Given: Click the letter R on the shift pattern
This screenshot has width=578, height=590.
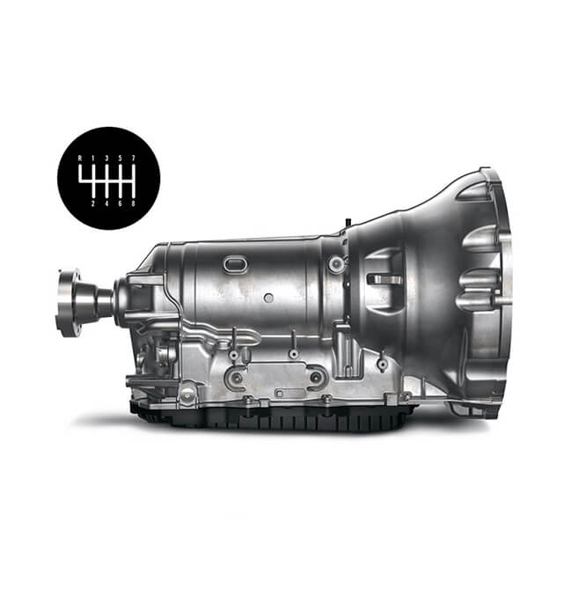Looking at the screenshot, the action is tap(80, 159).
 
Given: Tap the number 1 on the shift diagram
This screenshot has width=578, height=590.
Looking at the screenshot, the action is tap(93, 159).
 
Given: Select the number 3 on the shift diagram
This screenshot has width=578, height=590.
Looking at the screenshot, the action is tap(106, 159).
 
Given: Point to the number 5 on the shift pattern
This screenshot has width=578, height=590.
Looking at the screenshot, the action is tap(121, 159).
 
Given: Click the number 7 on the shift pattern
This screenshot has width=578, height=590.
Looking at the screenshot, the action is tap(134, 159).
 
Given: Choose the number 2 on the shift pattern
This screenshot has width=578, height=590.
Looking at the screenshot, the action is tap(93, 204).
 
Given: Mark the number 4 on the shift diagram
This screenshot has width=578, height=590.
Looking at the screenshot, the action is tap(106, 204).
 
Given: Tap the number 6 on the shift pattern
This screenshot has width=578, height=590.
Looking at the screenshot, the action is tap(121, 204).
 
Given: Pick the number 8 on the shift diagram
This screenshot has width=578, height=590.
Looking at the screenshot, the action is tap(134, 204).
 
